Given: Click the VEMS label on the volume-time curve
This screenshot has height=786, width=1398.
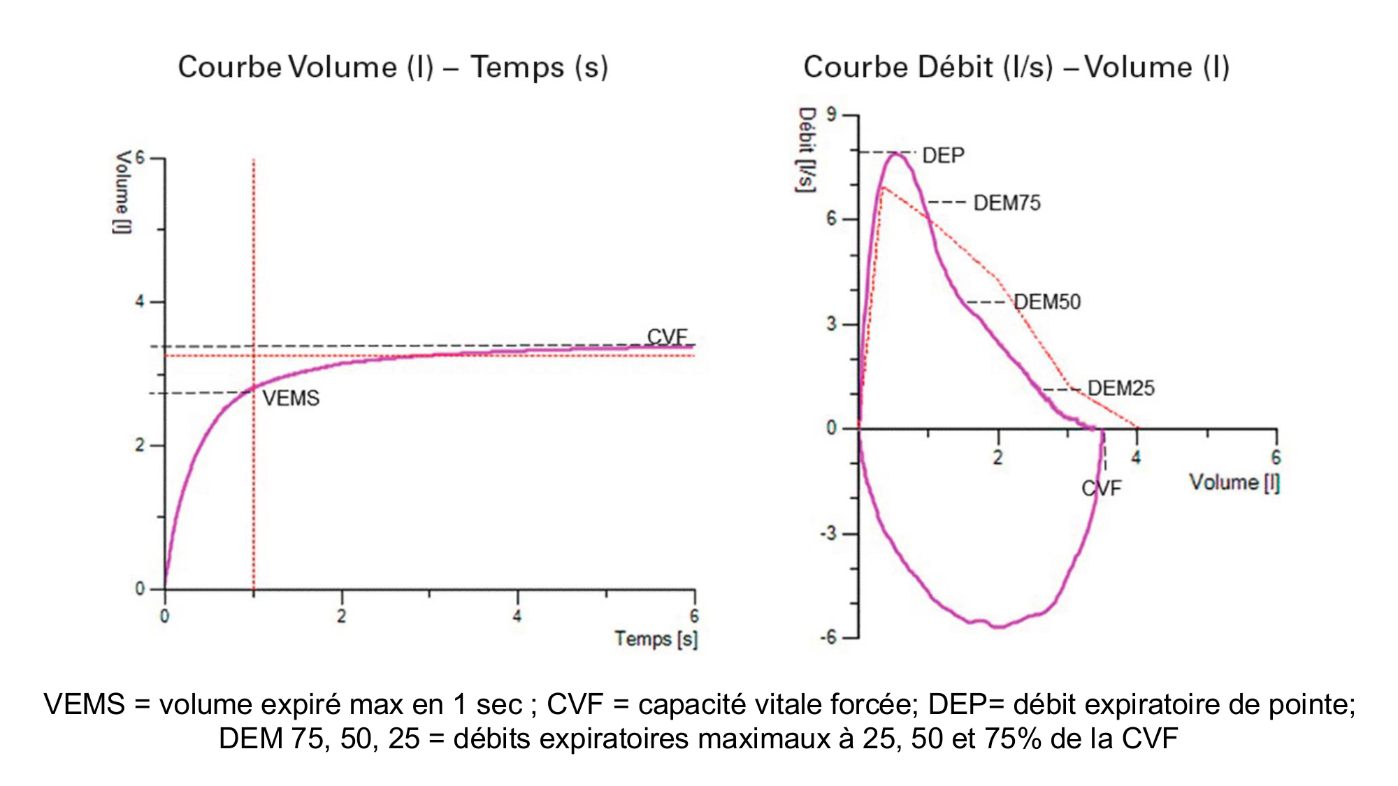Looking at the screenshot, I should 291,398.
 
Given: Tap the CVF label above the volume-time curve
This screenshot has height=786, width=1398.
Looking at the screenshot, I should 667,337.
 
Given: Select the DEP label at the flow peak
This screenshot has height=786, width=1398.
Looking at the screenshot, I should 943,155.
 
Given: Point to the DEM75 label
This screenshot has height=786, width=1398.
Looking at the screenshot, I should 1007,203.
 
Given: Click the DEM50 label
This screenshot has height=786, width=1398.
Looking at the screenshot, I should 1047,302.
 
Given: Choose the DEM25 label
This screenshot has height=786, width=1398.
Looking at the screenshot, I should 1120,388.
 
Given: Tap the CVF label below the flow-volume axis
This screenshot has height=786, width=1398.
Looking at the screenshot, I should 1101,488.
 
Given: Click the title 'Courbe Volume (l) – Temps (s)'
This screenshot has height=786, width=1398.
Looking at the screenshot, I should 393,68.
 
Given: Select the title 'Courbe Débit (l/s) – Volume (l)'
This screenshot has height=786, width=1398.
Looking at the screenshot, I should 1016,68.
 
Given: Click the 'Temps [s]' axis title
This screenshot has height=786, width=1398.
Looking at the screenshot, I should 656,639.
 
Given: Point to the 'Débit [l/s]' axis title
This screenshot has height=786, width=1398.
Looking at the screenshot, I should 807,150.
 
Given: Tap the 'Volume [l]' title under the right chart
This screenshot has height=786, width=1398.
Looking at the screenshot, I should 1234,482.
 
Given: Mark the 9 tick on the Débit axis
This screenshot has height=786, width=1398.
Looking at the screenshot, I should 831,115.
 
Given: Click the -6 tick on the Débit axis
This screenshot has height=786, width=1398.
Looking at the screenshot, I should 828,637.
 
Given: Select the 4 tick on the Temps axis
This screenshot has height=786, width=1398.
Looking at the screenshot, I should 517,616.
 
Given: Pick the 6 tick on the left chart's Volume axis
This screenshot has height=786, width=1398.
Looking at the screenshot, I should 140,158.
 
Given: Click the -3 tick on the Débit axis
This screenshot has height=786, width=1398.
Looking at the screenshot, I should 828,534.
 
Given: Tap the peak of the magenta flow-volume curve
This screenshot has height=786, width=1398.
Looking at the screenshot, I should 896,153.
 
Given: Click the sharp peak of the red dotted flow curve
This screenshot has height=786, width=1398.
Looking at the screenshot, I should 884,187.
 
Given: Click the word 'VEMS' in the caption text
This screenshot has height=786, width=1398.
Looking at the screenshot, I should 84,704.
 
